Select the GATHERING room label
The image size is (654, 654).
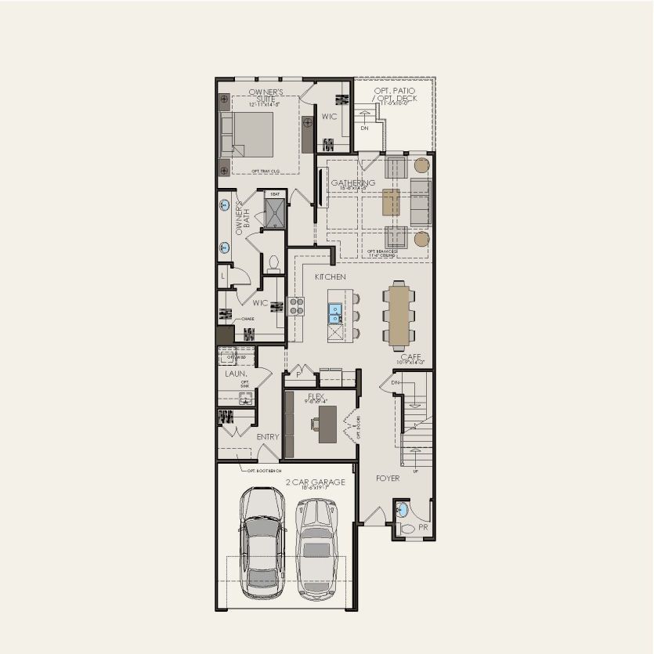point(353,183)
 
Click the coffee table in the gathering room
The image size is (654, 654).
point(391,201)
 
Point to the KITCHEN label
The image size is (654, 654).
point(331,277)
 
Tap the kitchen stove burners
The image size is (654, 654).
point(298,305)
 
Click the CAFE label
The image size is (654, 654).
point(411,357)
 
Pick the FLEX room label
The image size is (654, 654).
point(316,396)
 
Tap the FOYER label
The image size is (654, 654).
point(387,478)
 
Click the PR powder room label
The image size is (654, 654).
point(424,528)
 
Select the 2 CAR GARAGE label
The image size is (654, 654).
point(316,482)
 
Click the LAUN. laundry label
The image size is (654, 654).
point(236,374)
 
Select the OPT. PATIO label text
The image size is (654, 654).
point(395,92)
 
